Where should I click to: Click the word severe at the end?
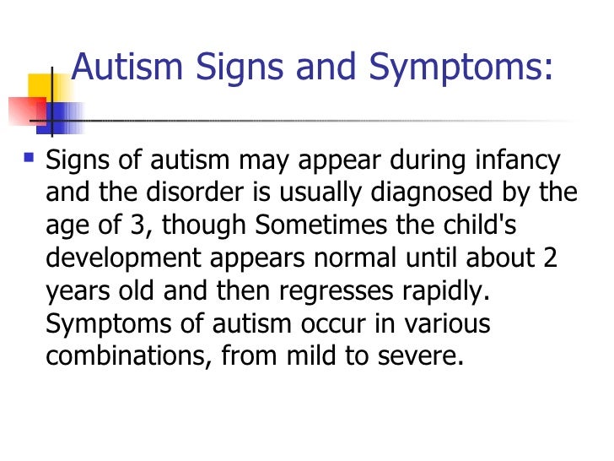(423, 356)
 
